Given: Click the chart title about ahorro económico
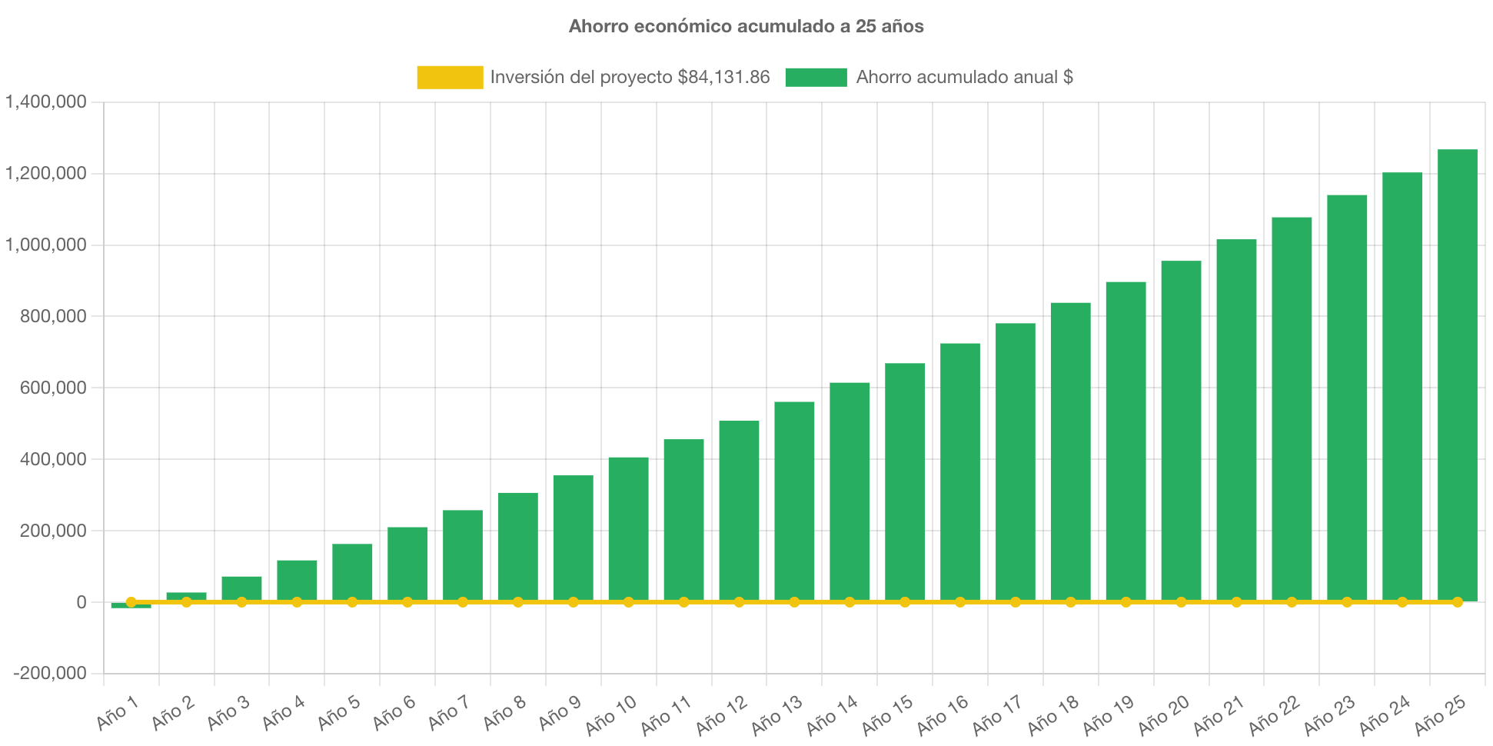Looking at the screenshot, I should tap(746, 26).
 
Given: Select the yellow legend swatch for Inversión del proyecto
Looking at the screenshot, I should tap(450, 77).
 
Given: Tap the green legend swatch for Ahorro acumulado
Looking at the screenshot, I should tap(816, 77).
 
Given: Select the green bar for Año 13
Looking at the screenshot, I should tap(794, 500).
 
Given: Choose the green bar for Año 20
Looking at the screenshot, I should tap(1181, 430).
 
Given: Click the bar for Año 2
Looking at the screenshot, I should tap(186, 595).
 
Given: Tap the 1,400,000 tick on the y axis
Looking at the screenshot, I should tap(46, 102).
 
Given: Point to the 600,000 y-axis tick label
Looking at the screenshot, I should tap(53, 388).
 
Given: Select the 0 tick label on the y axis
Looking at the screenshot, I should tap(81, 603).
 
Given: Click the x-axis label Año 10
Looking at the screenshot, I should tap(611, 714).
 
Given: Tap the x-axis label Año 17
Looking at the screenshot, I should tap(997, 714).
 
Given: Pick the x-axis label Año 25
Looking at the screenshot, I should tap(1440, 714).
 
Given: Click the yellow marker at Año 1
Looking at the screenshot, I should tap(131, 602).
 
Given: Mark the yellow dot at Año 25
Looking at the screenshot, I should tap(1457, 602).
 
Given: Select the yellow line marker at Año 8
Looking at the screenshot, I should tap(518, 602).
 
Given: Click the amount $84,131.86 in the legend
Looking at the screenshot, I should tap(723, 77).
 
